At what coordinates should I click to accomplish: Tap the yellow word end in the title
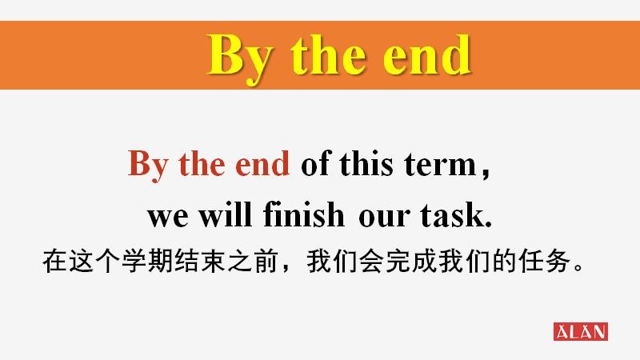pos(427,54)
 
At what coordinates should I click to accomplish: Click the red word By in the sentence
pos(148,165)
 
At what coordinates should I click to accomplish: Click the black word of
pos(316,163)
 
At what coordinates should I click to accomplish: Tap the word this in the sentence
pos(366,163)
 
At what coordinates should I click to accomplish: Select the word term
pos(441,165)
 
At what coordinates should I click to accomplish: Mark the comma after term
pos(486,174)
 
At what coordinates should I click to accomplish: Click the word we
pos(168,216)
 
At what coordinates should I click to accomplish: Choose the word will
pos(225,214)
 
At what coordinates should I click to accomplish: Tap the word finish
pos(304,214)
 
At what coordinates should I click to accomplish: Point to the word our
pos(384,216)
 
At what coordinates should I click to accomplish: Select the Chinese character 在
pos(54,262)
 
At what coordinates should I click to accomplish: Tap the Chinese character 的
pos(505,262)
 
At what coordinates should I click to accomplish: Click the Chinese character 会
pos(371,262)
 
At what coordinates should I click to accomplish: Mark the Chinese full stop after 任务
pos(578,268)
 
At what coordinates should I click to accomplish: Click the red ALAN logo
pos(581,331)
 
